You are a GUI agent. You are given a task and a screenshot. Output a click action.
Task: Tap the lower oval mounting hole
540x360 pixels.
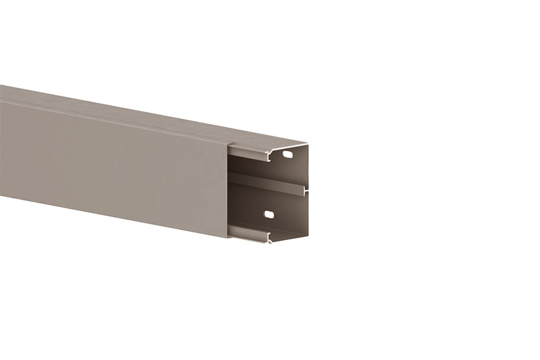269,215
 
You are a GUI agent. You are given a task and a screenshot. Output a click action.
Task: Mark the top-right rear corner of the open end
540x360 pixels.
308,145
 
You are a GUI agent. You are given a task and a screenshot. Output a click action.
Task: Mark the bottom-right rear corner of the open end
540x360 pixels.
308,236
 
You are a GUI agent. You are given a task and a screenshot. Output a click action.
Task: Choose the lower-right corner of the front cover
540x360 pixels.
227,237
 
